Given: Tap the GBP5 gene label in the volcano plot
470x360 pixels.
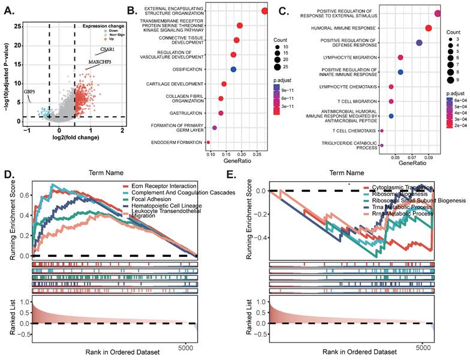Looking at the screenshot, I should [x=29, y=91].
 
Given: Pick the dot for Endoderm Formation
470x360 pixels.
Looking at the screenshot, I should [x=208, y=142].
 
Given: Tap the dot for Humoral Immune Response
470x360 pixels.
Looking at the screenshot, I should [x=429, y=28].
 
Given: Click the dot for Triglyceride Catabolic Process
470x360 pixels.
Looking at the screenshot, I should [x=382, y=145].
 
